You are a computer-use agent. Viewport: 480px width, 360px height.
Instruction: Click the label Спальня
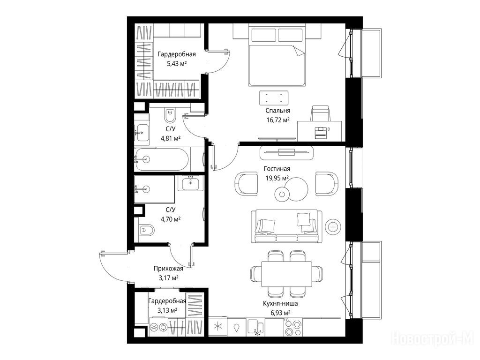pyautogui.click(x=277, y=111)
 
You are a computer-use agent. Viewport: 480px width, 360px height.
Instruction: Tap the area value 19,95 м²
pyautogui.click(x=277, y=178)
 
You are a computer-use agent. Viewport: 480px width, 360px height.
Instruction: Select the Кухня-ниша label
pyautogui.click(x=280, y=303)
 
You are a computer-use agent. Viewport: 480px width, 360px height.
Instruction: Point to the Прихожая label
pyautogui.click(x=168, y=269)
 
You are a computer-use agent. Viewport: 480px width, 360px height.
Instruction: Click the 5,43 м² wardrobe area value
pyautogui.click(x=177, y=64)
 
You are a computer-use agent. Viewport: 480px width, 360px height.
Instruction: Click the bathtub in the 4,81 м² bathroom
pyautogui.click(x=162, y=159)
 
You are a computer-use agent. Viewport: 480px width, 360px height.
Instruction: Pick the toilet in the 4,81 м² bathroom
pyautogui.click(x=170, y=115)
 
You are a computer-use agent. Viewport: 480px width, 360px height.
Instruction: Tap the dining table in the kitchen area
pyautogui.click(x=286, y=274)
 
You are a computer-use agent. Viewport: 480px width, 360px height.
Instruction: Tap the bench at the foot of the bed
pyautogui.click(x=274, y=98)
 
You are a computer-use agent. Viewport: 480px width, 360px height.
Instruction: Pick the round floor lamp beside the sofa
pyautogui.click(x=333, y=227)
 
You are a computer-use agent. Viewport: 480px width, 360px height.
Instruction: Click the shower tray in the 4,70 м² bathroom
pyautogui.click(x=154, y=189)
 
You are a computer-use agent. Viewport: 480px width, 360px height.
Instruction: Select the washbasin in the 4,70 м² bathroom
pyautogui.click(x=190, y=184)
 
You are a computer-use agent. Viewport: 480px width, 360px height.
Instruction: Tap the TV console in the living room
pyautogui.click(x=286, y=153)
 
